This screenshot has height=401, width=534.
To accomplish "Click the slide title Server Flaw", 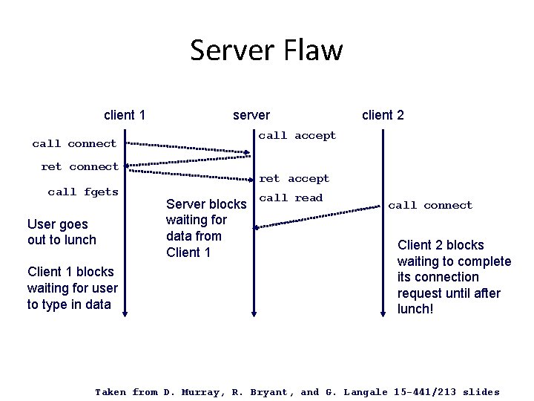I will (x=266, y=50).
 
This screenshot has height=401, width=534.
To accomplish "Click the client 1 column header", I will (x=124, y=115).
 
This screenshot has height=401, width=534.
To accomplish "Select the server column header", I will (x=251, y=115).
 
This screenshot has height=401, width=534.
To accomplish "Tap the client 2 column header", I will (x=383, y=114).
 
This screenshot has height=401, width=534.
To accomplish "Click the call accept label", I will (x=297, y=135).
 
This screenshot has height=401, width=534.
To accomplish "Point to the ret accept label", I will (x=294, y=178).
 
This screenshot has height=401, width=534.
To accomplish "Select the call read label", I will (x=291, y=198).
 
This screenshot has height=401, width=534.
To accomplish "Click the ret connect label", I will (x=79, y=166).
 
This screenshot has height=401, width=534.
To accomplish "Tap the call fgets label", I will (x=83, y=192).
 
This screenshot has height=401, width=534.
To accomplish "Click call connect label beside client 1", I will (x=74, y=143).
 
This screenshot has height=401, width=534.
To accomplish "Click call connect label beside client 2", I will (x=430, y=205).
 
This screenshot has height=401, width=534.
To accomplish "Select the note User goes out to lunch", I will (x=61, y=232).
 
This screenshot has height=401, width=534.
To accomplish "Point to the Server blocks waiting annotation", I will (x=206, y=228).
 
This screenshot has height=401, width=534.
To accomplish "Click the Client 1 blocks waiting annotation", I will (x=72, y=287).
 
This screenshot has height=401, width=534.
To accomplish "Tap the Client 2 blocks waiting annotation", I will (x=454, y=276).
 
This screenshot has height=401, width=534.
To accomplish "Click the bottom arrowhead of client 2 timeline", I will (x=383, y=313).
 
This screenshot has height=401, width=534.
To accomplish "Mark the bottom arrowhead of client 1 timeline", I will (x=125, y=313).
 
